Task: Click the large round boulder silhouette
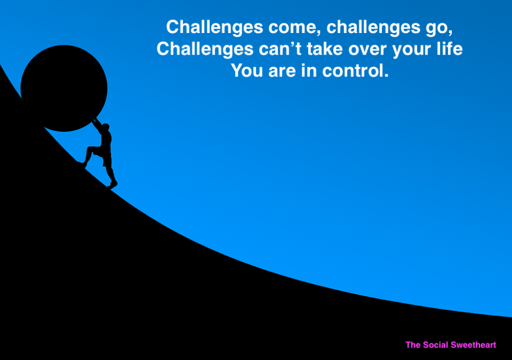pos(64,88)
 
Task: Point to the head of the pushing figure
pos(105,127)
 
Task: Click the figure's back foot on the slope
pos(113,185)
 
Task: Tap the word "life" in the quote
pos(449,49)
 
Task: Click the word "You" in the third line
pos(247,70)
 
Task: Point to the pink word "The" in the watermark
pos(413,345)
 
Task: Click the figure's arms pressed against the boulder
pos(98,125)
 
